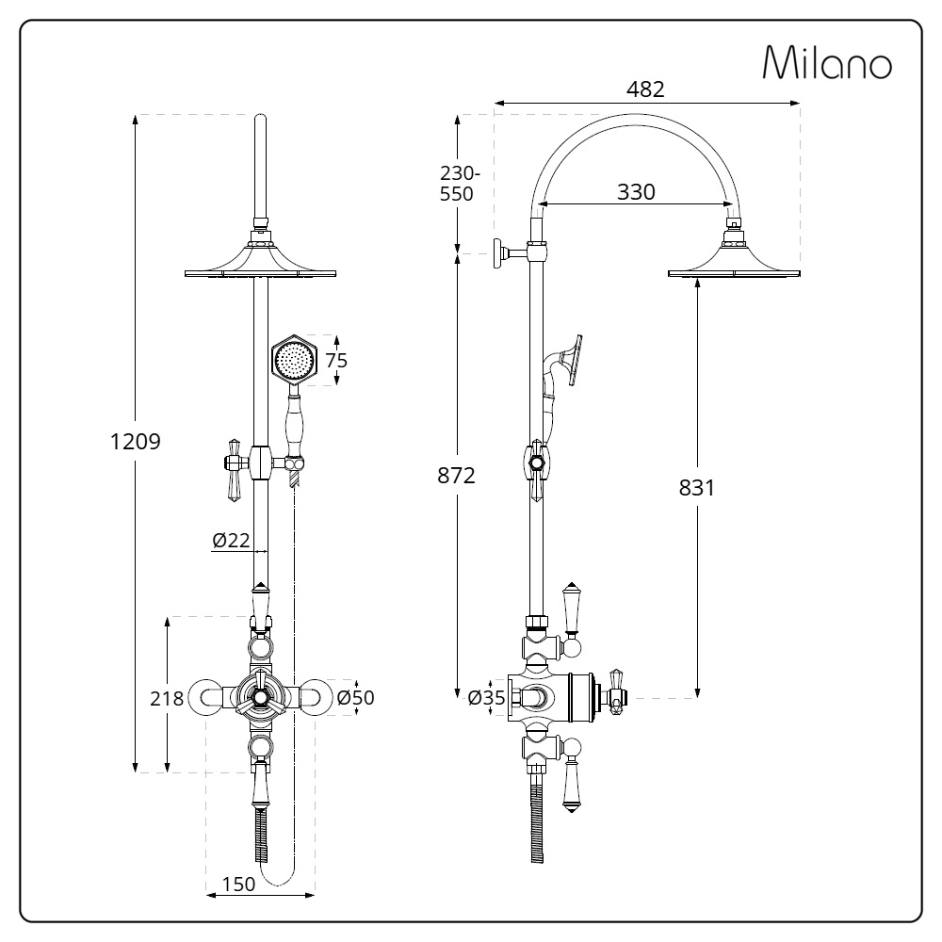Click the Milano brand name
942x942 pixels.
[827, 62]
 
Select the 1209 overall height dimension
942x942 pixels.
[135, 442]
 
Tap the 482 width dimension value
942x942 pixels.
[645, 89]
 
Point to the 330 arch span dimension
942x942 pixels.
[636, 191]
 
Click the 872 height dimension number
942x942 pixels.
[456, 475]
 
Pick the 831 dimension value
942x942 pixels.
[697, 487]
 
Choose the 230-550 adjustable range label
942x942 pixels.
[460, 184]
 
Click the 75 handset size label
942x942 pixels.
[336, 361]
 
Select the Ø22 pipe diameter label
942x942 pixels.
[231, 540]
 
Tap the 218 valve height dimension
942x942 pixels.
[167, 698]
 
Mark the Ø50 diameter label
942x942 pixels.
[355, 697]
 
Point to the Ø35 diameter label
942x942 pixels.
[487, 697]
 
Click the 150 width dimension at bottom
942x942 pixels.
[238, 885]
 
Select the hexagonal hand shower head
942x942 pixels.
[294, 360]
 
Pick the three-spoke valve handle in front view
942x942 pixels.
[260, 697]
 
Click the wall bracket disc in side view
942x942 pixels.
[498, 253]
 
